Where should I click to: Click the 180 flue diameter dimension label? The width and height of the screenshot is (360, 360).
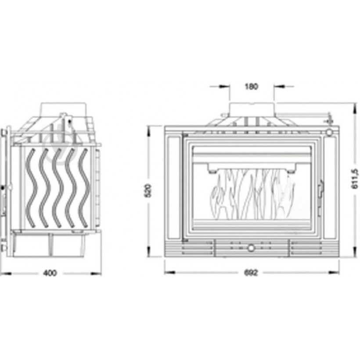click(x=252, y=86)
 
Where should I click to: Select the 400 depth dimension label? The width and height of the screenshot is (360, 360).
click(x=50, y=273)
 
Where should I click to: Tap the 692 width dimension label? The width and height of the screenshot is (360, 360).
click(x=251, y=273)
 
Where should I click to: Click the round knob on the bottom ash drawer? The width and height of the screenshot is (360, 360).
click(x=251, y=248)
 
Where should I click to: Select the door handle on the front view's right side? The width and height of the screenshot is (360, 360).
click(x=320, y=189)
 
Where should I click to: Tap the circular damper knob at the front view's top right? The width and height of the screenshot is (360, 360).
click(x=329, y=133)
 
